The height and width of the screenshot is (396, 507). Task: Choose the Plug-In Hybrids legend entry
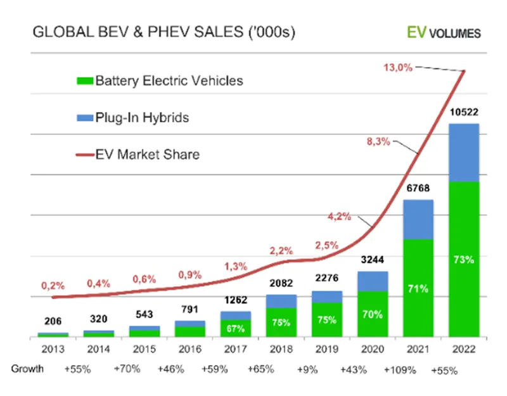134,117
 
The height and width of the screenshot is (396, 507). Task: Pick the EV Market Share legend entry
139,153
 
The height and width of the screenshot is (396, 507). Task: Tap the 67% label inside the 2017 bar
236,328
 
